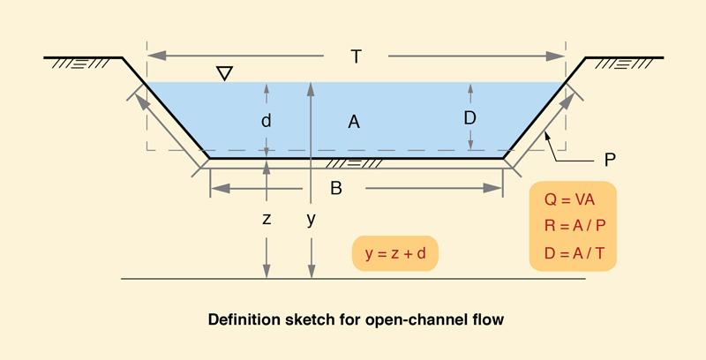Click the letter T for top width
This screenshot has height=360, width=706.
tap(356, 56)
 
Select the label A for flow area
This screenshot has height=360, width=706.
tap(354, 123)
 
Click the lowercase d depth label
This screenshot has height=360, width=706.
tap(266, 123)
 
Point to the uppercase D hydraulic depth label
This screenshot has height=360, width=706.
tap(470, 117)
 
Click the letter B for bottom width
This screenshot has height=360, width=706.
tap(335, 188)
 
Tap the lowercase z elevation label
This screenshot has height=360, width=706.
tap(266, 220)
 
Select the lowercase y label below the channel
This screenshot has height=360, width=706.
tap(311, 220)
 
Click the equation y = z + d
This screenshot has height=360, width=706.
tap(395, 253)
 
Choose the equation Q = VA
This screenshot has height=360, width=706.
tap(572, 199)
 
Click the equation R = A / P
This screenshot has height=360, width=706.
tap(573, 225)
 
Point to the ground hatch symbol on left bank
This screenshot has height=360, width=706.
tap(80, 64)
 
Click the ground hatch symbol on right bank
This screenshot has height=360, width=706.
tap(626, 64)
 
